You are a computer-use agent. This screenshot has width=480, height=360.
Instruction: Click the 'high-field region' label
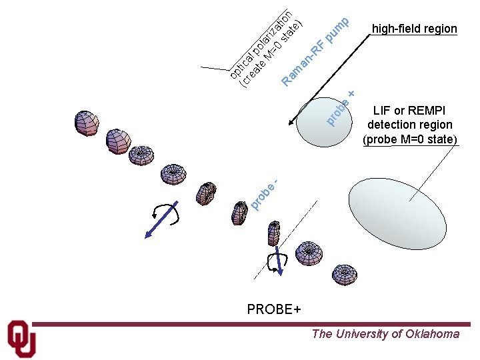414,29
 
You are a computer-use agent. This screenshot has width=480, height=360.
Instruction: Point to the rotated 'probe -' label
265,192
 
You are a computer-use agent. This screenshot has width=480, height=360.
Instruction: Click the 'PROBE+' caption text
274,309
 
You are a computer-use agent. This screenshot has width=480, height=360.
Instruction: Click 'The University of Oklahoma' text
385,334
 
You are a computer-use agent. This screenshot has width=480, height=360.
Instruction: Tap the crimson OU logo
21,339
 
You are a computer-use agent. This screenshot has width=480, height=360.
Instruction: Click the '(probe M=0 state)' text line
409,139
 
